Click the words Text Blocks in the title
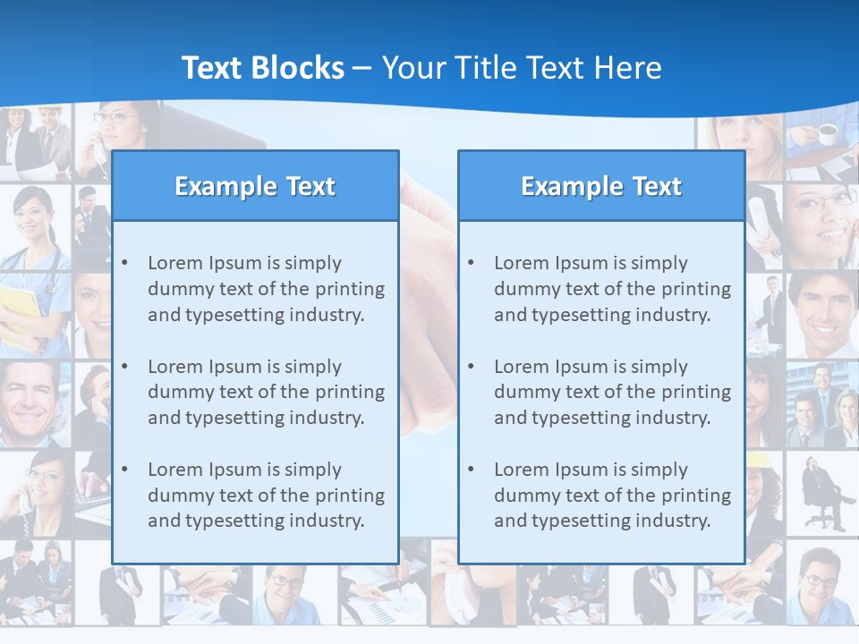click(x=262, y=68)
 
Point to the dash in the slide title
click(x=362, y=69)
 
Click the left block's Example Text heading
click(x=255, y=186)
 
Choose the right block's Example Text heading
click(x=601, y=186)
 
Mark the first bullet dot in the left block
click(x=125, y=263)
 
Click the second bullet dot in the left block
click(x=125, y=367)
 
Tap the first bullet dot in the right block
click(x=472, y=263)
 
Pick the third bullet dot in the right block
click(x=472, y=470)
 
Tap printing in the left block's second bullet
click(x=351, y=392)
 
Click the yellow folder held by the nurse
click(x=20, y=313)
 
